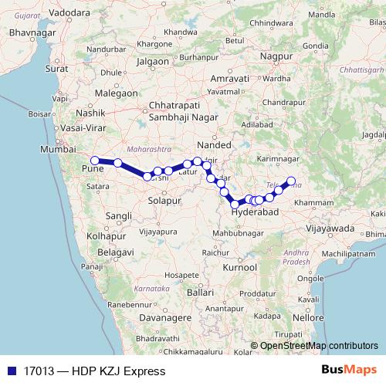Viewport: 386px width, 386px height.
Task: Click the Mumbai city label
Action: [x=59, y=149]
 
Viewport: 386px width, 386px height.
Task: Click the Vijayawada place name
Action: [x=330, y=228]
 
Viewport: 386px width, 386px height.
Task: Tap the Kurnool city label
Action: [x=239, y=266]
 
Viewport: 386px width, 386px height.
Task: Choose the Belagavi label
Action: [x=104, y=252]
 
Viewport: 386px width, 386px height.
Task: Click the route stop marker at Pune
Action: [x=95, y=161]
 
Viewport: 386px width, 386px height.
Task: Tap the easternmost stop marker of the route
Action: [x=291, y=181]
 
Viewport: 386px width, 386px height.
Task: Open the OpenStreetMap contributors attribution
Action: [x=320, y=346]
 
